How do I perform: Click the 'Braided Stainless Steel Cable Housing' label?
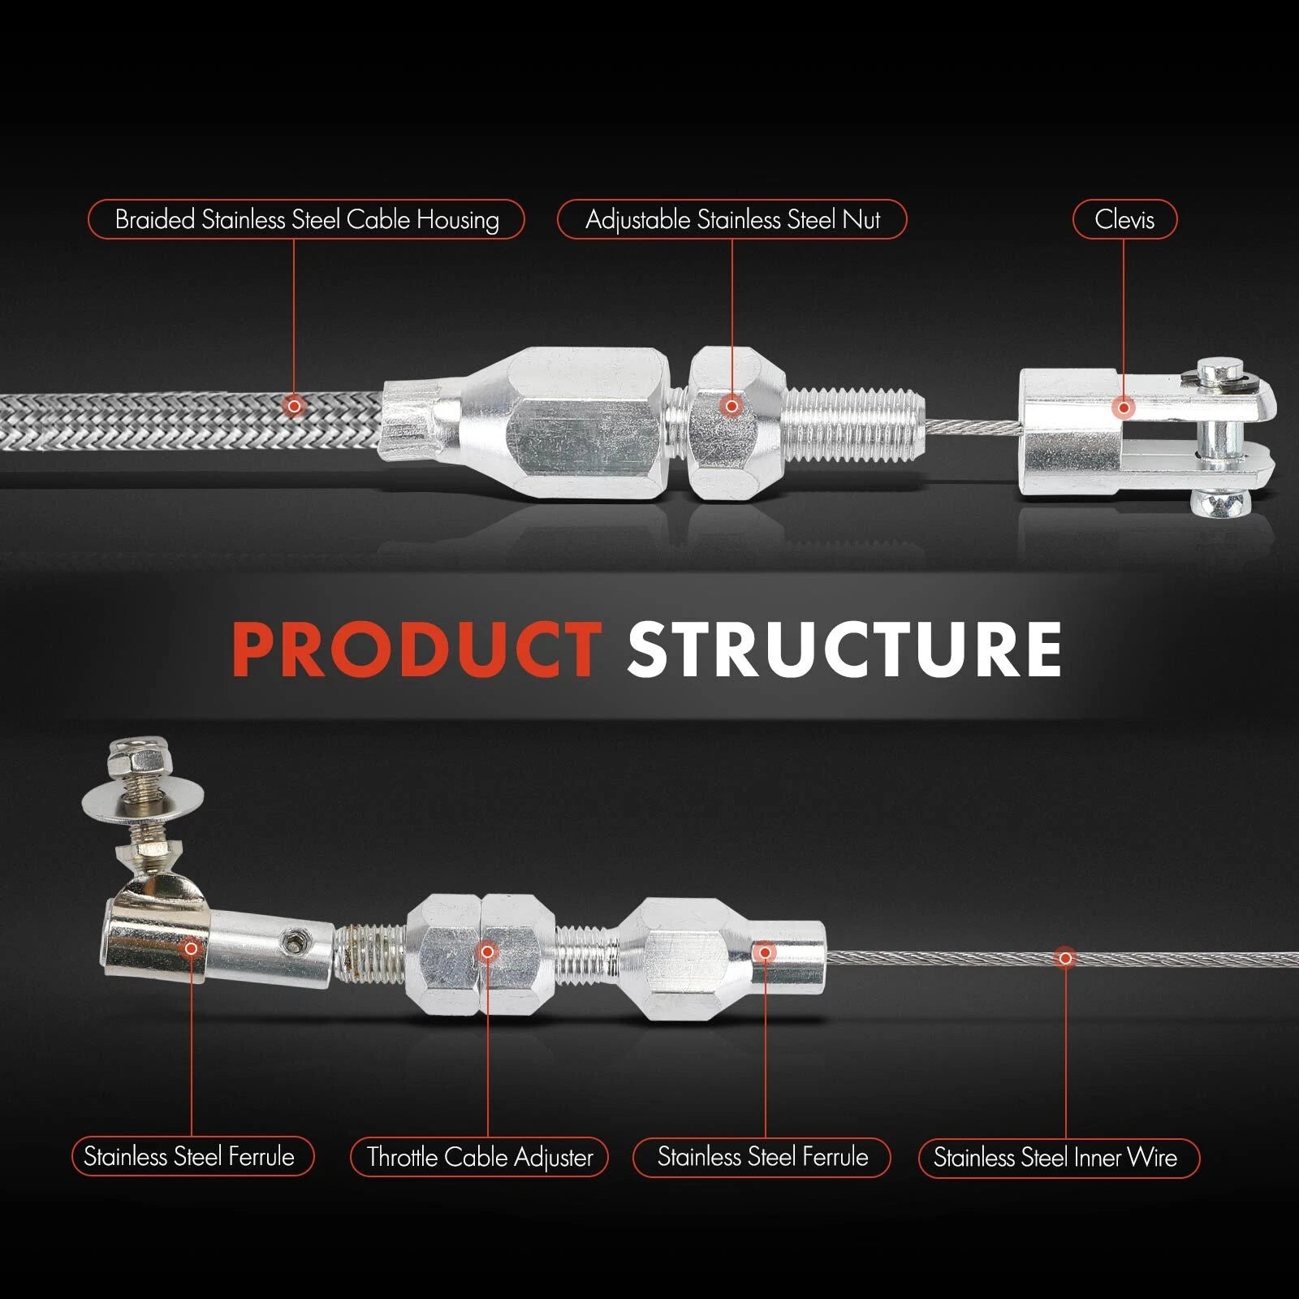click(306, 219)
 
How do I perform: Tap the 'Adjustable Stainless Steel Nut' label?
click(731, 219)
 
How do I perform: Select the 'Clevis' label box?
click(1124, 219)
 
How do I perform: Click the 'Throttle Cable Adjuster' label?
click(479, 1157)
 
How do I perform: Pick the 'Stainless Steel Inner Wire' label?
click(1059, 1157)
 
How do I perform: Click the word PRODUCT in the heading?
click(416, 649)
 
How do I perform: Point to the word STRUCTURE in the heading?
click(844, 649)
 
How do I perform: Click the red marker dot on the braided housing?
click(295, 405)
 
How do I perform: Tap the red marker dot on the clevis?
click(1124, 408)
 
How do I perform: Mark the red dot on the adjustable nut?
click(731, 405)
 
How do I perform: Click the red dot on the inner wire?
click(1065, 959)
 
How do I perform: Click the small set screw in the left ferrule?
click(290, 941)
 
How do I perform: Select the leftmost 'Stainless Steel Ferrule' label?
click(191, 1157)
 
